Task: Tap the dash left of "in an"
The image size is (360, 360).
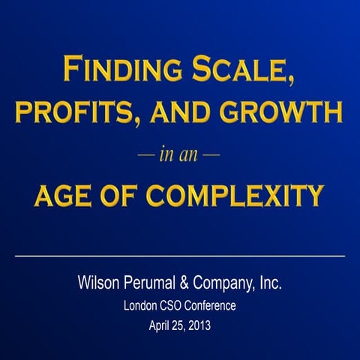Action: [145, 156]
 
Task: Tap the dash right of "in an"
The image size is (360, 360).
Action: [212, 156]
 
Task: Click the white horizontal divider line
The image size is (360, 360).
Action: [180, 256]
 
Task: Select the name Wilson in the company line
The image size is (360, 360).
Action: [98, 283]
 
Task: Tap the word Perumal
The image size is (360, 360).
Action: [151, 283]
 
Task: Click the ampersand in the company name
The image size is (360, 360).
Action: [186, 283]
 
